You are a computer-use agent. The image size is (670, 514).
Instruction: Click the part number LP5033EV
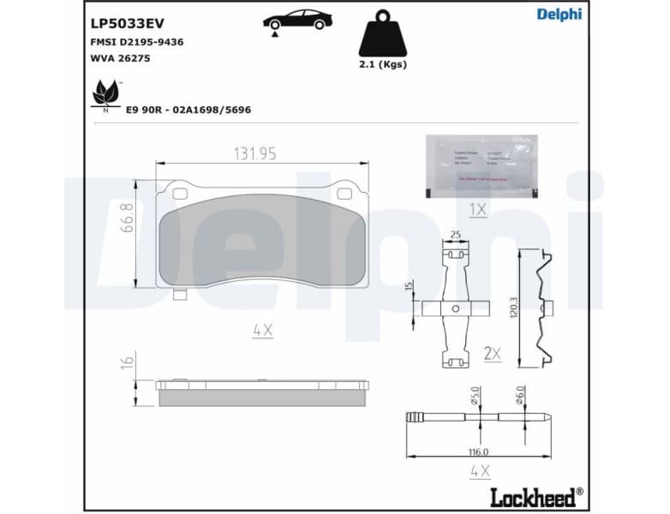(127, 23)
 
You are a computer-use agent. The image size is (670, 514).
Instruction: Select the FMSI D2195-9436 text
(136, 42)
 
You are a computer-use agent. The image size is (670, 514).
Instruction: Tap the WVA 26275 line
(121, 59)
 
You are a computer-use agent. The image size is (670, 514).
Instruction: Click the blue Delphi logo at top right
(559, 15)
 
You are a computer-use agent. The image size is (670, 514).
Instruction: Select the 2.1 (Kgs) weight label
(382, 64)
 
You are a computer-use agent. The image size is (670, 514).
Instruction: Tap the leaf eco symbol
(106, 93)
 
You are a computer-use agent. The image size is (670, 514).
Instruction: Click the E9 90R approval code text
(188, 110)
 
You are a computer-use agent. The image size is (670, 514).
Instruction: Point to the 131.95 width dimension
(255, 153)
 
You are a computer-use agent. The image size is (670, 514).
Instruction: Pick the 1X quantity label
(477, 209)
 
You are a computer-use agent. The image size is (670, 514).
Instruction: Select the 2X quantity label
(492, 352)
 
